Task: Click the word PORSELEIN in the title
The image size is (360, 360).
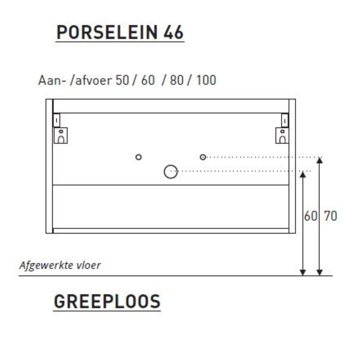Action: [107, 33]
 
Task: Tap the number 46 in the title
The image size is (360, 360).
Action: [174, 33]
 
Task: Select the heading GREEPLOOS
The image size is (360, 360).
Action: [107, 302]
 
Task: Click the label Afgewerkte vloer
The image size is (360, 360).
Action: [60, 266]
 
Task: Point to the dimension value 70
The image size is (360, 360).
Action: [330, 216]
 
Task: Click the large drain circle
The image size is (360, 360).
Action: [170, 172]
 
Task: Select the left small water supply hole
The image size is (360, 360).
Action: [138, 157]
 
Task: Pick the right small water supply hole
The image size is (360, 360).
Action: [203, 157]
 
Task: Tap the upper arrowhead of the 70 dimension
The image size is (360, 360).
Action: [319, 160]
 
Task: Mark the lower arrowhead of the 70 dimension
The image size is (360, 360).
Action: [319, 272]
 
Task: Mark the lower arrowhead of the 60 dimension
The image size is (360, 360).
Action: [303, 272]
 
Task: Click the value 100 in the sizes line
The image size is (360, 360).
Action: [206, 80]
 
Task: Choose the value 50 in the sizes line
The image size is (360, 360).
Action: [122, 80]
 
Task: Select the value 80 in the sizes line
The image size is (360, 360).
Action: [176, 80]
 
